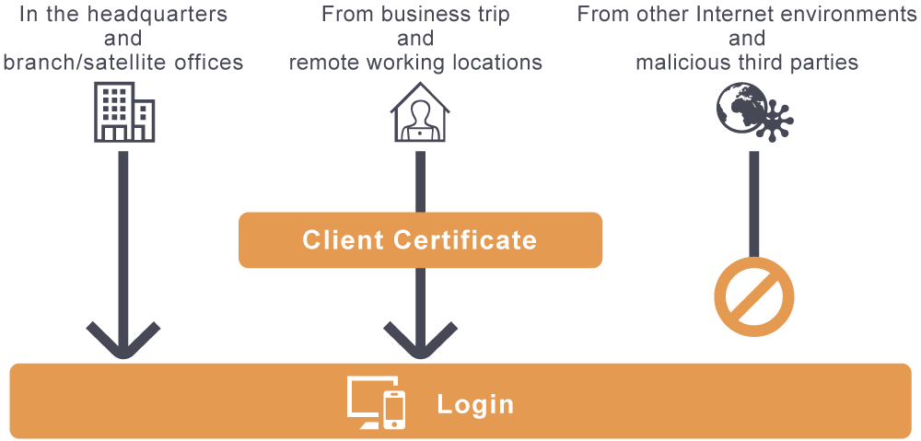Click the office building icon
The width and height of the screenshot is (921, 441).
[124, 112]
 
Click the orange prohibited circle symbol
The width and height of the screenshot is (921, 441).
[754, 297]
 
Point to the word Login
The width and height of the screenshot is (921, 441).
[475, 404]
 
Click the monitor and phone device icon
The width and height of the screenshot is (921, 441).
[376, 403]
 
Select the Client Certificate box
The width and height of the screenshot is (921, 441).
[420, 240]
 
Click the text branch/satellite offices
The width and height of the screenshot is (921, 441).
[123, 63]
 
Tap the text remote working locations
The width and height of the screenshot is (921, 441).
[415, 63]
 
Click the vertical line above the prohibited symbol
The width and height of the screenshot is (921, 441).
[753, 203]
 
